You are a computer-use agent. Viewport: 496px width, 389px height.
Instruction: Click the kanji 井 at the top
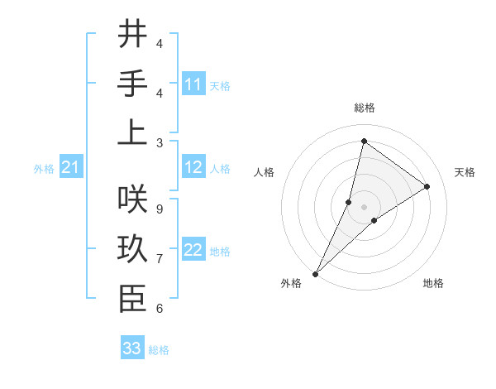[x=132, y=34]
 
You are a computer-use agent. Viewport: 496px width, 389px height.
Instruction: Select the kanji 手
[x=132, y=83]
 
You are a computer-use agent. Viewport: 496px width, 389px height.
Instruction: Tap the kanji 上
[x=132, y=132]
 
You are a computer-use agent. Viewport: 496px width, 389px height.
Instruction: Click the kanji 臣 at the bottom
[x=132, y=298]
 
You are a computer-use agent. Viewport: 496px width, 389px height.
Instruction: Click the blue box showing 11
[x=193, y=84]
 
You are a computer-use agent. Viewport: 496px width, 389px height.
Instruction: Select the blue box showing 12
[x=193, y=168]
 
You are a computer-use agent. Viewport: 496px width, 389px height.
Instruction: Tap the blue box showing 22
[x=193, y=251]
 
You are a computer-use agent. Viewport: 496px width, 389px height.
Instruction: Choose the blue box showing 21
[x=71, y=168]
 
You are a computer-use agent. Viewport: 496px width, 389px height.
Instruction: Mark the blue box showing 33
[x=132, y=348]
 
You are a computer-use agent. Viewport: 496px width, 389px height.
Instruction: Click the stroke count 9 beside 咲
[x=160, y=209]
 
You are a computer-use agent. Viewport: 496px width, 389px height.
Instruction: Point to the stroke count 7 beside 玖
[x=160, y=259]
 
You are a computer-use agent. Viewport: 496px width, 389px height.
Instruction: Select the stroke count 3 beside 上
[x=160, y=142]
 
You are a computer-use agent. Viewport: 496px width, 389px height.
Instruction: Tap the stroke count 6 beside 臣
[x=160, y=309]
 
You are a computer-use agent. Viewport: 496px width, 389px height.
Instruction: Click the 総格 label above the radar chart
[x=364, y=108]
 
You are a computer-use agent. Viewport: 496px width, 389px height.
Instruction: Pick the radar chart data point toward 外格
[x=316, y=272]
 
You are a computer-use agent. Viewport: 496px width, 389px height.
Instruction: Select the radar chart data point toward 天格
[x=427, y=186]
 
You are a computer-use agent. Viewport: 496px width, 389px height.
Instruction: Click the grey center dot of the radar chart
[x=364, y=207]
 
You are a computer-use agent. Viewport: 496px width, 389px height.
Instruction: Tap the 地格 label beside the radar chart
[x=433, y=283]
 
